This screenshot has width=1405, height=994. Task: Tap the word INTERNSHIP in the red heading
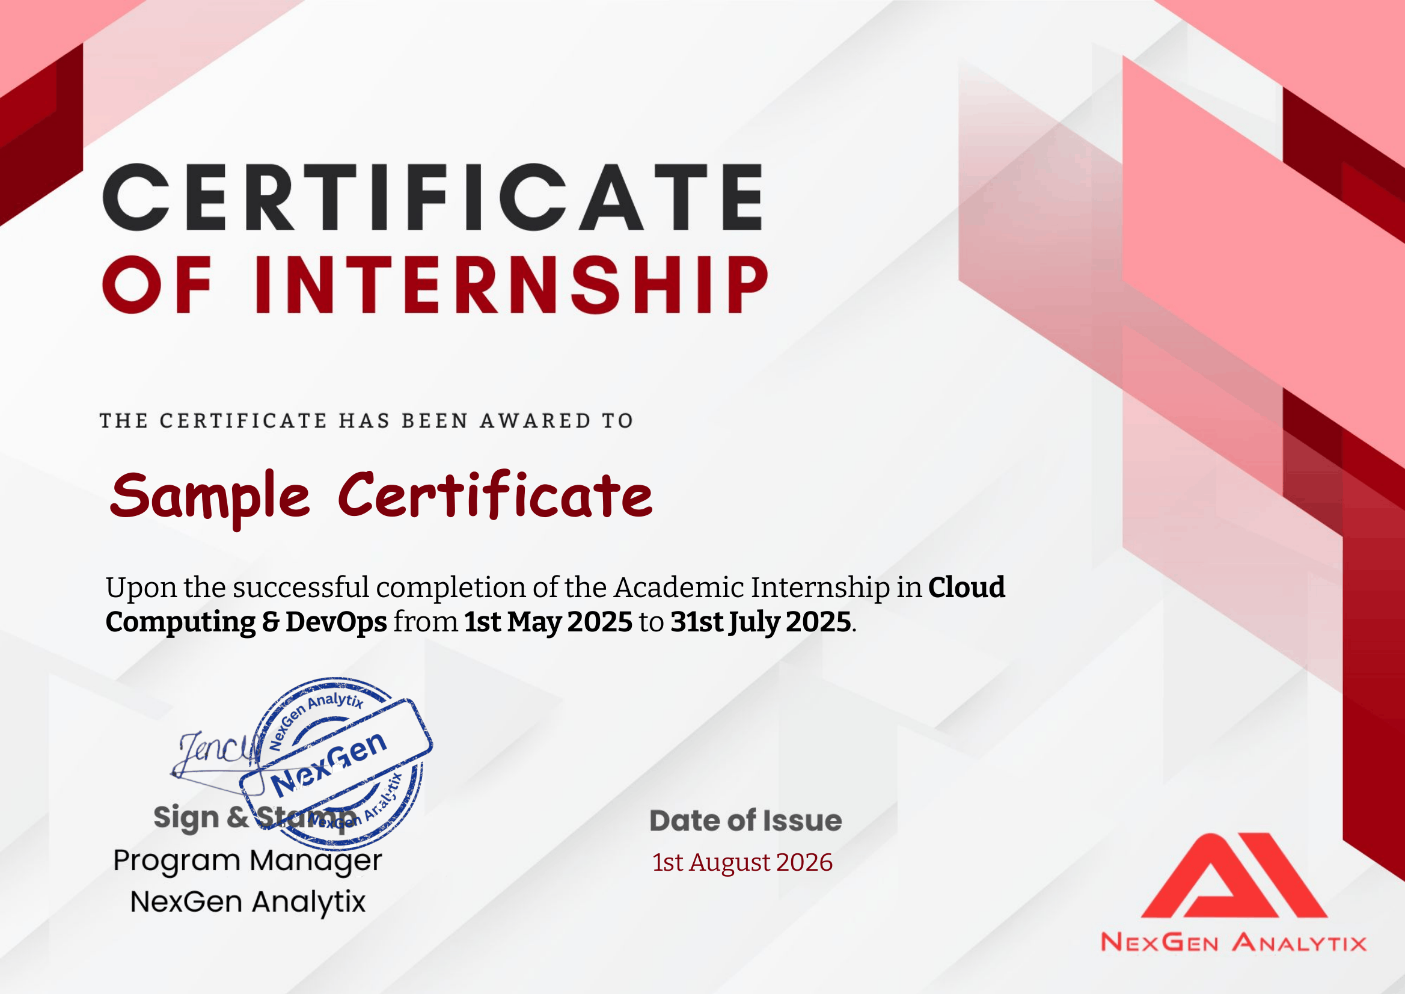click(x=512, y=284)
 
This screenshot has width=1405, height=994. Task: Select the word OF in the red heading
click(x=158, y=284)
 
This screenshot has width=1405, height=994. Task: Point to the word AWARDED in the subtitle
click(x=536, y=420)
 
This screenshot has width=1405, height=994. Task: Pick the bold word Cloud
click(x=966, y=587)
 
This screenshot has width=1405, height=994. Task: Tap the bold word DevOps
click(x=336, y=622)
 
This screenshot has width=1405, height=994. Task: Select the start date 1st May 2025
click(x=548, y=622)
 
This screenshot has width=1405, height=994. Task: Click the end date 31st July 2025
click(x=761, y=622)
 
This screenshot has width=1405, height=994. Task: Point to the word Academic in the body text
click(x=679, y=587)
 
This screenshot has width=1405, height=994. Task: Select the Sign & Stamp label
click(x=254, y=818)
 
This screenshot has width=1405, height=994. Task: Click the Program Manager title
click(x=248, y=861)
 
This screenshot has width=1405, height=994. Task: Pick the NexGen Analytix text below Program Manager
click(x=248, y=902)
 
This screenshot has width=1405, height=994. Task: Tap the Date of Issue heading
click(x=745, y=820)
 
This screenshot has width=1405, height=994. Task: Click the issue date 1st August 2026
click(x=742, y=862)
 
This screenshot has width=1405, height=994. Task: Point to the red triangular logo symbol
click(x=1234, y=875)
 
